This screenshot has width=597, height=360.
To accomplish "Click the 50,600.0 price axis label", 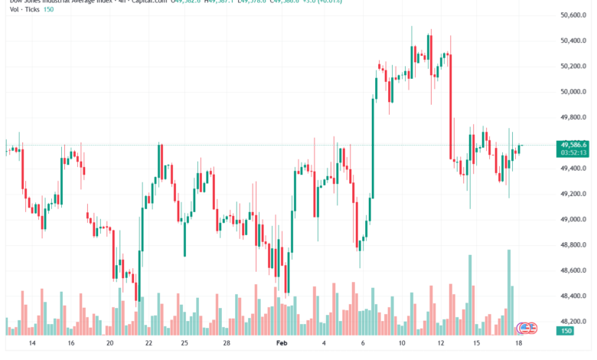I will tap(573, 15).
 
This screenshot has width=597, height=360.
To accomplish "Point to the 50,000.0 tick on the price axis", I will tap(573, 92).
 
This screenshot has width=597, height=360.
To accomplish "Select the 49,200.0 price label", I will tap(573, 194).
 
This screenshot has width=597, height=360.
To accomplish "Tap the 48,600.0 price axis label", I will tap(573, 270).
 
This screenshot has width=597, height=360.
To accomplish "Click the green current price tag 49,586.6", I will tap(573, 144).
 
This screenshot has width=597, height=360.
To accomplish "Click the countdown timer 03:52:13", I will tap(573, 152).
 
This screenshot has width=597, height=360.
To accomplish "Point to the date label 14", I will tap(31, 345).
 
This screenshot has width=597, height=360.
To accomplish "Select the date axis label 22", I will tap(148, 345).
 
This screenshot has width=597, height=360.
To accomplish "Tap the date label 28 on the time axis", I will tap(227, 345).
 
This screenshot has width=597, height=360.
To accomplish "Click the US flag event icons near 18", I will tap(527, 328).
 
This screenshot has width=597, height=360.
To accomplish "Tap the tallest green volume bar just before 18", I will tap(508, 292).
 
